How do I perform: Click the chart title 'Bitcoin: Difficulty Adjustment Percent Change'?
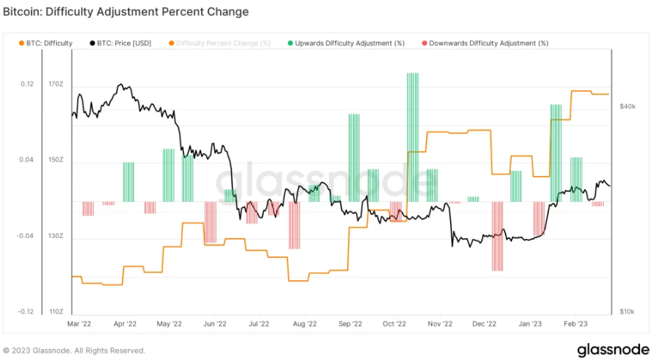click(126, 12)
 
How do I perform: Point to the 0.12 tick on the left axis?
click(27, 84)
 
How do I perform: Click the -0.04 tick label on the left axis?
click(25, 237)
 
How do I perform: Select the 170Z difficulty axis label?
click(56, 84)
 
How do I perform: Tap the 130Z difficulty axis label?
click(56, 237)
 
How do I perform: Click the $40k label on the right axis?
click(627, 107)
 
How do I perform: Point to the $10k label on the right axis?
click(627, 312)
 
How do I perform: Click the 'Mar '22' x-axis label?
click(79, 324)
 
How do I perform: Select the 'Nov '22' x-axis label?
click(440, 324)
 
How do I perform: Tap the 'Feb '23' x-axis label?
click(576, 324)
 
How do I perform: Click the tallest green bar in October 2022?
click(412, 137)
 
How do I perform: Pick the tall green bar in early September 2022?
click(354, 157)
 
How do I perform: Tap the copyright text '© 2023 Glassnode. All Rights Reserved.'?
click(74, 350)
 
